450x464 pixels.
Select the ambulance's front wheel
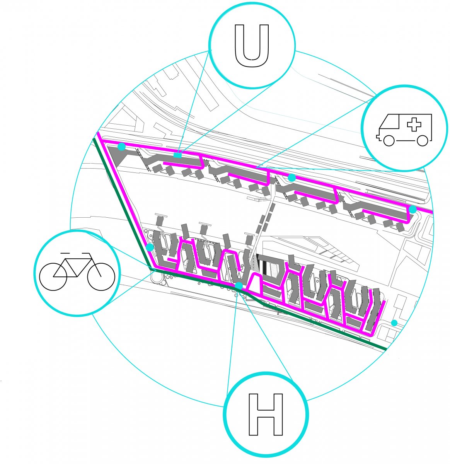[x=389, y=141]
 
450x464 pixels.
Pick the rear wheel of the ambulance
[x=422, y=141]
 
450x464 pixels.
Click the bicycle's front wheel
[x=101, y=276]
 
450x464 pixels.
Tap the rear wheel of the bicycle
[x=53, y=276]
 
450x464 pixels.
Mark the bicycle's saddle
[x=65, y=253]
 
